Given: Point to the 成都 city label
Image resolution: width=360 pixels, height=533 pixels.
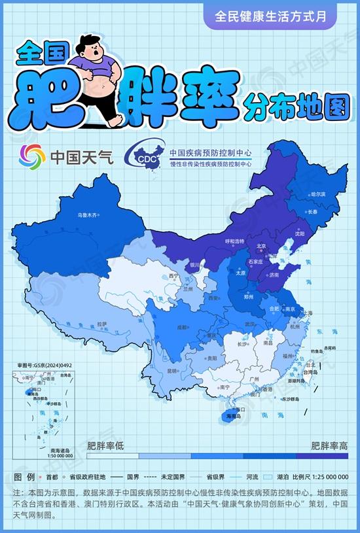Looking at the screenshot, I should point(183,327).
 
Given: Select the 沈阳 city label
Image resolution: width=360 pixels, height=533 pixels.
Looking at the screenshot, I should point(300,233).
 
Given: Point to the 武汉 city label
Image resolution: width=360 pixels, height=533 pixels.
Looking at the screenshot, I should point(249,324).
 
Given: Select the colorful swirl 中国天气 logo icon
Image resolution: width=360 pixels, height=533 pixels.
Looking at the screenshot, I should point(32,156).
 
